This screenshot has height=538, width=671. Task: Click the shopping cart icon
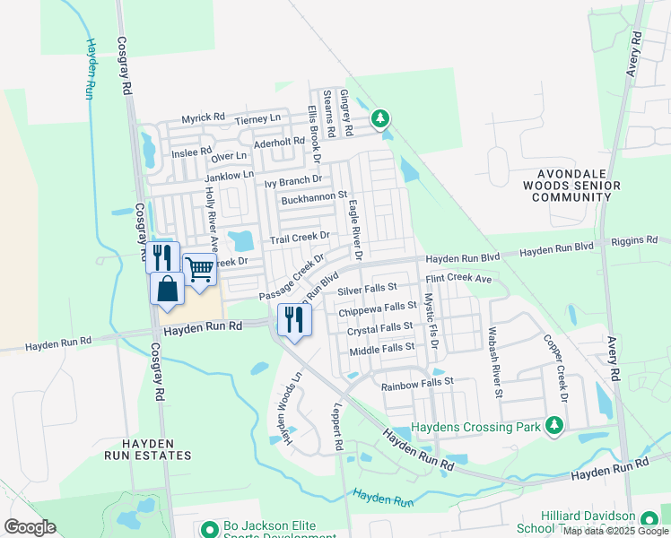pyautogui.click(x=200, y=268)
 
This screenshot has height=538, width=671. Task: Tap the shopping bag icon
pyautogui.click(x=168, y=289)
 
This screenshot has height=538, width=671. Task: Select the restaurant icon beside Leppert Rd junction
pyautogui.click(x=293, y=319)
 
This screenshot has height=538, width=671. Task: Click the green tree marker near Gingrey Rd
pyautogui.click(x=381, y=117)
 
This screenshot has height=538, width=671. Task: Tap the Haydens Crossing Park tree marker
pyautogui.click(x=555, y=425)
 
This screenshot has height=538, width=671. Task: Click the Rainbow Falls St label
pyautogui.click(x=417, y=383)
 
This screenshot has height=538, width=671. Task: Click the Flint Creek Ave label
pyautogui.click(x=458, y=279)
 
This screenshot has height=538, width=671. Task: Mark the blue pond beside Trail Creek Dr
pyautogui.click(x=240, y=240)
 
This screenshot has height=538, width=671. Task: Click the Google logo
pyautogui.click(x=30, y=527)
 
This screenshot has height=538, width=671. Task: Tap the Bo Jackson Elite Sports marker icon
pyautogui.click(x=209, y=529)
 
